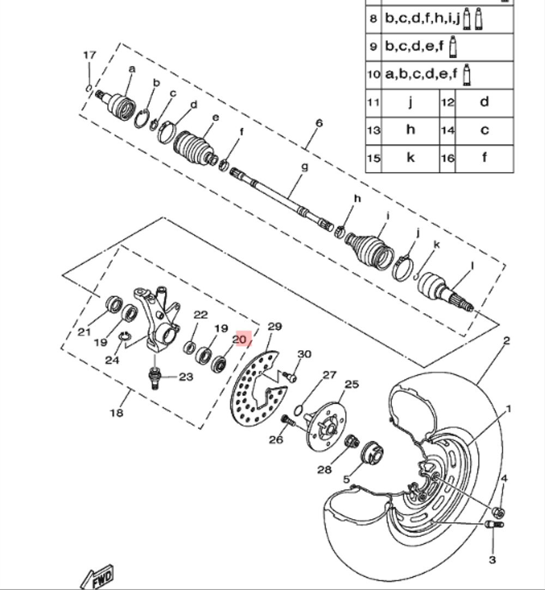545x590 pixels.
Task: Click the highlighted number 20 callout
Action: (x=240, y=339)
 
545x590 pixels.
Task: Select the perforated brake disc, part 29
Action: (x=245, y=392)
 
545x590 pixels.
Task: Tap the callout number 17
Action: (x=89, y=55)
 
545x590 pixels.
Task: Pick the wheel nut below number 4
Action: (x=497, y=511)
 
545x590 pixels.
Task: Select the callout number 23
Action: (x=186, y=377)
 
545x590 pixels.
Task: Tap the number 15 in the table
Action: (x=373, y=158)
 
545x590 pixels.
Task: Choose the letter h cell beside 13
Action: (x=410, y=130)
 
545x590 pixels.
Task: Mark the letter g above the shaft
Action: (x=304, y=167)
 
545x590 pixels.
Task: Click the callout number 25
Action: (x=352, y=385)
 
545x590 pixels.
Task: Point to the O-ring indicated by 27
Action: (x=300, y=409)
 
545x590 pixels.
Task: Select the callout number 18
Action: (x=117, y=412)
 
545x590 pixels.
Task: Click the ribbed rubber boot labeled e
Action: (x=193, y=144)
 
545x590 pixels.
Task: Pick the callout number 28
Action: (x=325, y=469)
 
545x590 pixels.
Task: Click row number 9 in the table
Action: (x=373, y=47)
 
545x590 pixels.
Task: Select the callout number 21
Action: (x=83, y=332)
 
